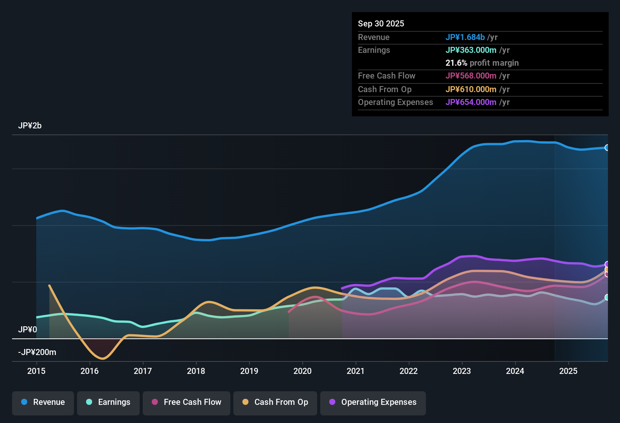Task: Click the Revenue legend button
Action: [43, 402]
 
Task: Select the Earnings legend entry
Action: [108, 402]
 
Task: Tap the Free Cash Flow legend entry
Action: [187, 402]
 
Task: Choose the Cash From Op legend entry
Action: [275, 402]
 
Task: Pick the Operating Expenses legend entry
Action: [373, 402]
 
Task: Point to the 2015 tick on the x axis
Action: [36, 371]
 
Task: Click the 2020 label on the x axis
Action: [302, 371]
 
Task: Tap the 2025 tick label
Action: [568, 371]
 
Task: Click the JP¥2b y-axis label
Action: [30, 126]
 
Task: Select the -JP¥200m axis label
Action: [37, 352]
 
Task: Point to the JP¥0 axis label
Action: [28, 330]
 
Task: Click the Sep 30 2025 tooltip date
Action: [381, 24]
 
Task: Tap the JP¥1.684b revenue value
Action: [465, 37]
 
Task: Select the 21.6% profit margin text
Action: [482, 63]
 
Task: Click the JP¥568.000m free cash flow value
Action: [471, 76]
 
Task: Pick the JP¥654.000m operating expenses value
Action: [471, 102]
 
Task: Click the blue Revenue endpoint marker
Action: [607, 148]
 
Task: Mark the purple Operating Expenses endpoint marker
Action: [607, 264]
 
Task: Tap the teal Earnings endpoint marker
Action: [607, 297]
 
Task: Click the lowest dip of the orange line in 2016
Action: [102, 358]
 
